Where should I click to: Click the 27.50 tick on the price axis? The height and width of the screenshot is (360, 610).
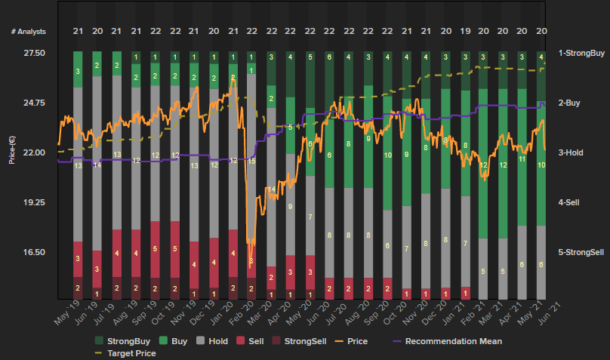[35, 54]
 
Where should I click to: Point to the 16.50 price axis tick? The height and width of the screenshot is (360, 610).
[35, 252]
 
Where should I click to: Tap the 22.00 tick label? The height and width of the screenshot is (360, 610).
[35, 153]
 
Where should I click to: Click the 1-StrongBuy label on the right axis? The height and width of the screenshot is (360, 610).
[581, 54]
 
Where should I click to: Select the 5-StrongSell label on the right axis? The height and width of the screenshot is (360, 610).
[581, 252]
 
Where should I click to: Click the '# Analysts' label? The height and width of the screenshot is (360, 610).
[29, 31]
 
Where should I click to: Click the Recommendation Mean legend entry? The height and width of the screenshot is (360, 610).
[453, 341]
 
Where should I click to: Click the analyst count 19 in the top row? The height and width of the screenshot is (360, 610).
[464, 31]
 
